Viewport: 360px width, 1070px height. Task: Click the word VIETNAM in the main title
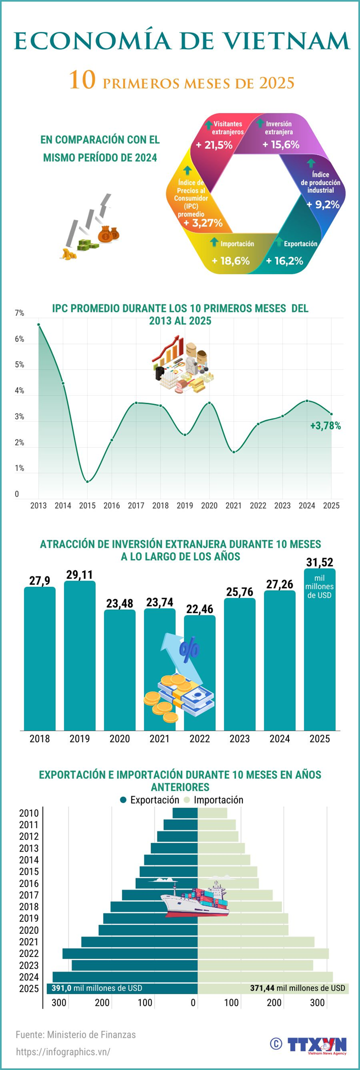tap(285, 41)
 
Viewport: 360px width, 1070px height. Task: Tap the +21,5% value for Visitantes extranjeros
tap(214, 145)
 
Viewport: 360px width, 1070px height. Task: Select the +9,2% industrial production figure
tap(323, 204)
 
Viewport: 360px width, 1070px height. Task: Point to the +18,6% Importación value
tap(230, 261)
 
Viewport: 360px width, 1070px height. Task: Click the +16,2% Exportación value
tap(284, 261)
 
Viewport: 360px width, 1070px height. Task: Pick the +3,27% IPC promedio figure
tap(203, 223)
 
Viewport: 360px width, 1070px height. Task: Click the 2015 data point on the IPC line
tap(87, 481)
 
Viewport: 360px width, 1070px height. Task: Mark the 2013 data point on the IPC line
tap(38, 325)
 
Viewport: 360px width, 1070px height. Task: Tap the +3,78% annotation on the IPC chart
tap(325, 426)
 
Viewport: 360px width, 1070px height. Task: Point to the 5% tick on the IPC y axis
tap(19, 365)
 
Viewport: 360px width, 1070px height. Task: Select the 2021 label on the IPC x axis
tap(233, 505)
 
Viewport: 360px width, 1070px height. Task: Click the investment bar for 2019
tap(79, 655)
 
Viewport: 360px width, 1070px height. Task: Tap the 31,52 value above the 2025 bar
tap(319, 562)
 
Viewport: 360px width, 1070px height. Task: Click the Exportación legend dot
tap(123, 800)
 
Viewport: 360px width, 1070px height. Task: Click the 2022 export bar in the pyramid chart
tap(130, 953)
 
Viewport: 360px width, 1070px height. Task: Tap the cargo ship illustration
tap(195, 900)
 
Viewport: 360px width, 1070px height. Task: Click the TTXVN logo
tap(316, 1045)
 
